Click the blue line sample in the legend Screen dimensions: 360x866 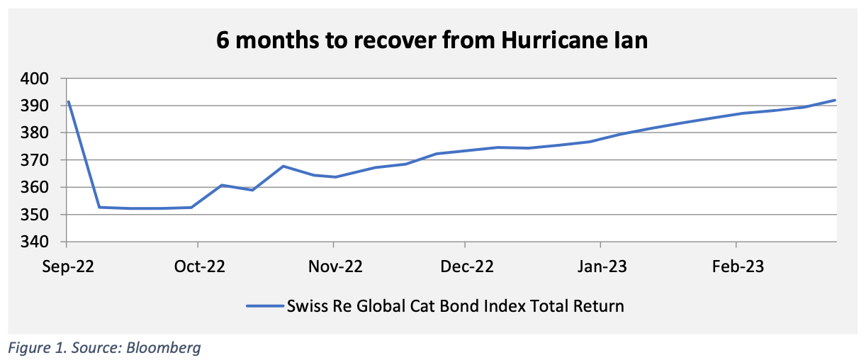(x=264, y=307)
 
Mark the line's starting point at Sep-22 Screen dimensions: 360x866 (x=68, y=102)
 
